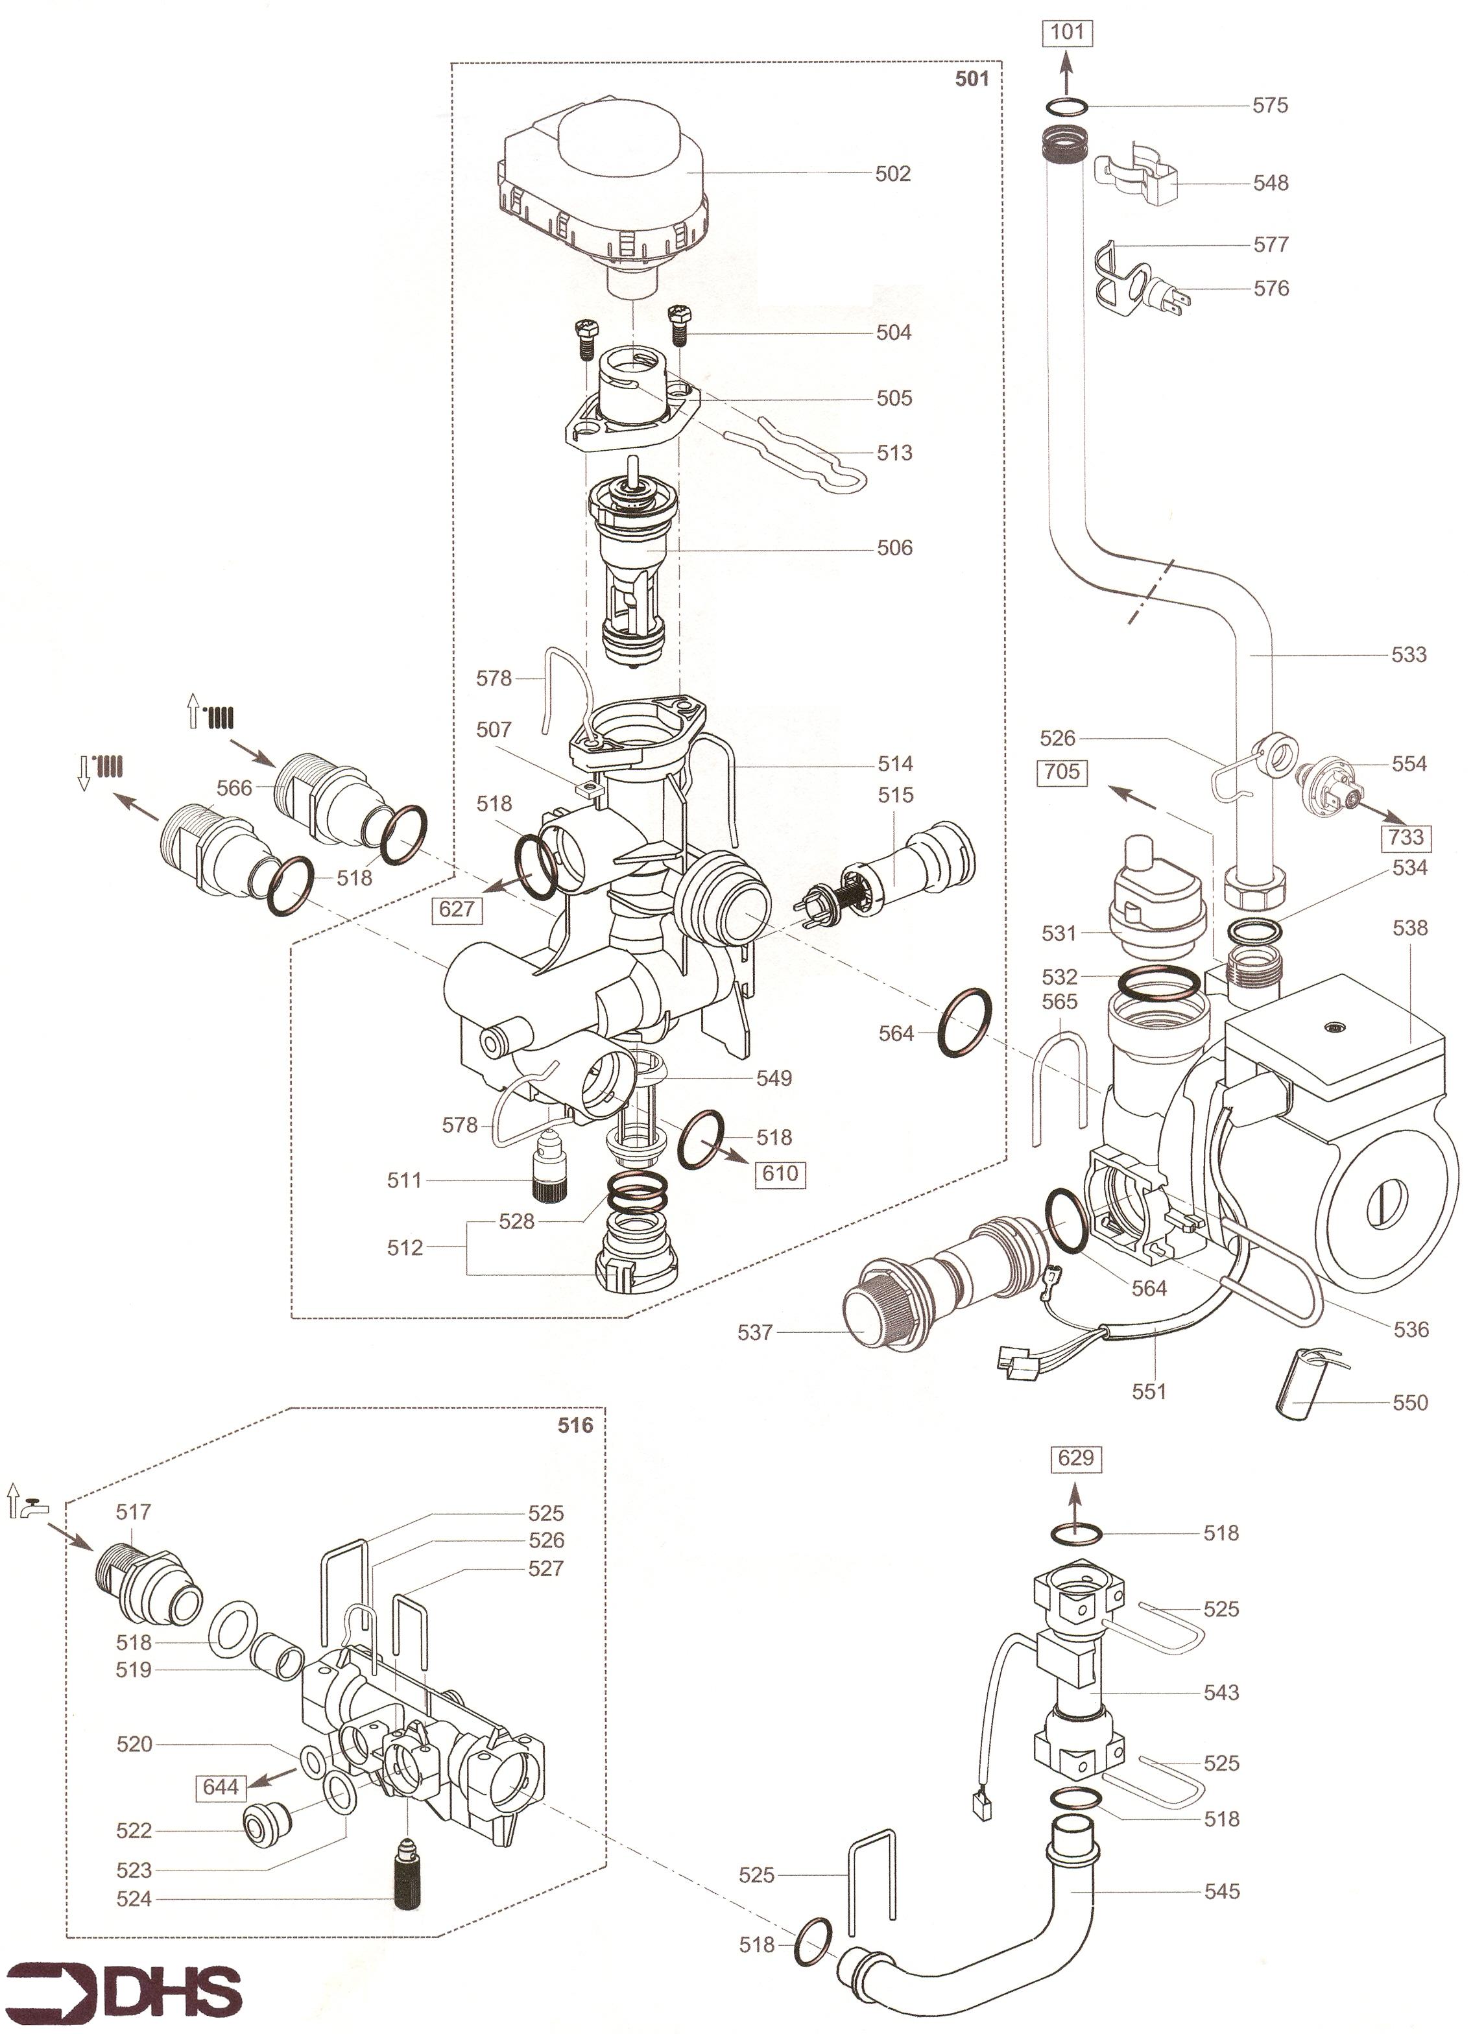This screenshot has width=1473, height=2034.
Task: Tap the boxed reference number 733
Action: coord(1405,837)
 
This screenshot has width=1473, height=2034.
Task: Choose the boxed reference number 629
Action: coord(1075,1457)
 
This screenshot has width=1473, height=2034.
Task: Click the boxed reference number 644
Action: coord(221,1788)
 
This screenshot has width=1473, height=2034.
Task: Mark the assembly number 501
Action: coord(972,79)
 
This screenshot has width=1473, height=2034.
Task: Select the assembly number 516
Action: coord(575,1425)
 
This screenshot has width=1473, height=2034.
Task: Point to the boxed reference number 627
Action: coord(456,909)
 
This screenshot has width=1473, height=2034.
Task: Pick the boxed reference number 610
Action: coord(780,1173)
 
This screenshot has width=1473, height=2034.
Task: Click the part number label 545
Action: coord(1222,1891)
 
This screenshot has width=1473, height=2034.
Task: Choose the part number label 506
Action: coord(894,547)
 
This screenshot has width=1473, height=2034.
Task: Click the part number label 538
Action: coord(1409,927)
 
